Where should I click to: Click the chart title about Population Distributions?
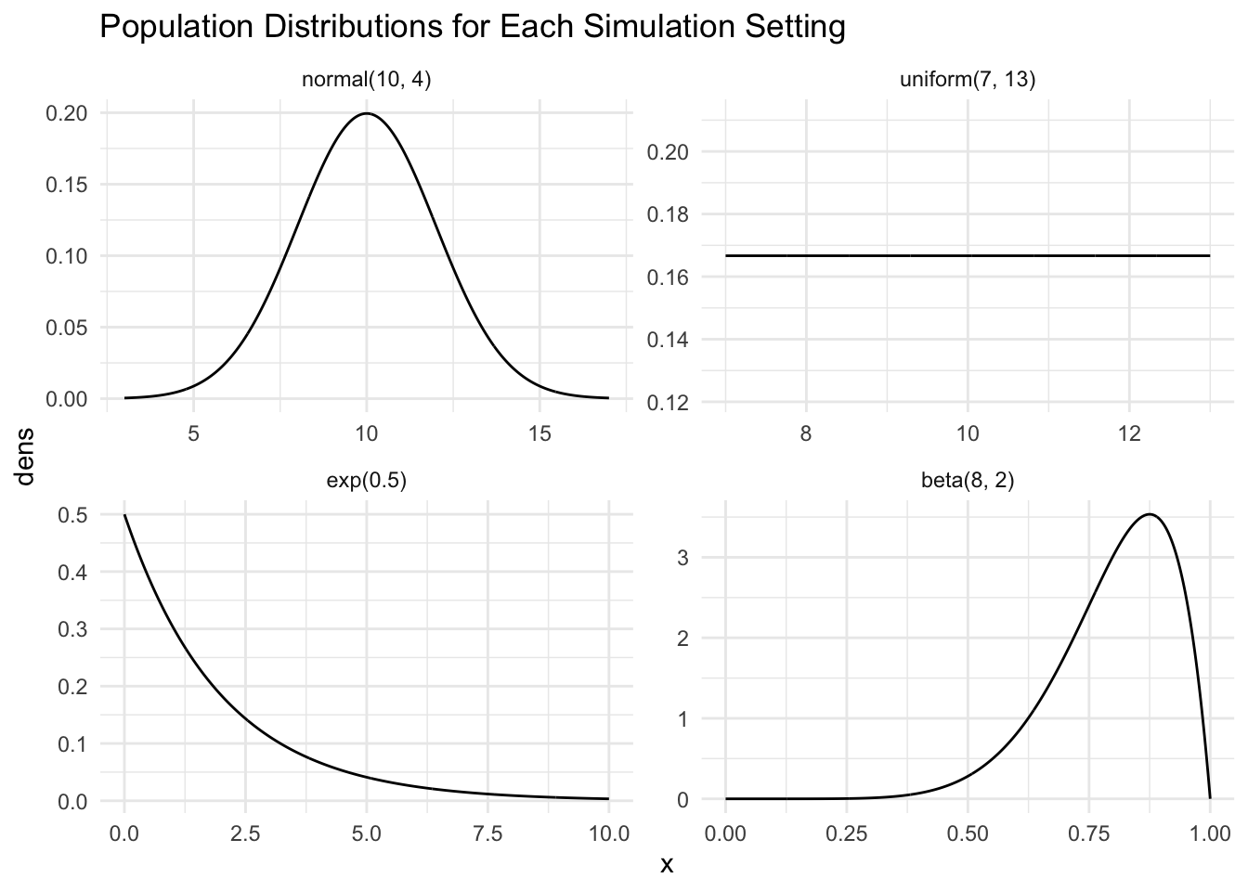472,28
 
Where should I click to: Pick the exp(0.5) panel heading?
367,481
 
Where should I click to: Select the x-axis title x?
666,866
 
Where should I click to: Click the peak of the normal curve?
367,113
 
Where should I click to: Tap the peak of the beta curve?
1150,514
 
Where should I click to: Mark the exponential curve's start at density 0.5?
124,515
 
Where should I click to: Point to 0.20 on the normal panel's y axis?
66,113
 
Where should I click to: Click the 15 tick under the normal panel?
540,433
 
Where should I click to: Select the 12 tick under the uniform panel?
1129,433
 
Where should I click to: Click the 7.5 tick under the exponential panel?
487,833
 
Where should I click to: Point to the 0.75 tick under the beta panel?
1088,833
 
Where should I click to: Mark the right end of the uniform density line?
1210,255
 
